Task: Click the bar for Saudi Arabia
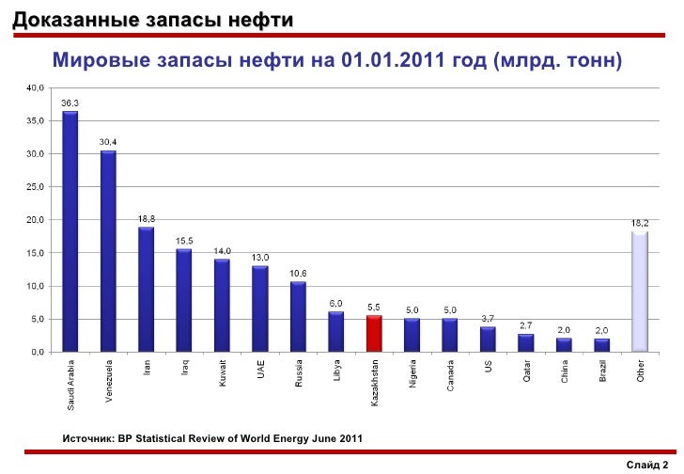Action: click(70, 231)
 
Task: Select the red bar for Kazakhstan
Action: click(374, 333)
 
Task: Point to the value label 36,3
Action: click(70, 103)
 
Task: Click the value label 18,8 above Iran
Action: click(147, 218)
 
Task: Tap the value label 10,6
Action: click(298, 273)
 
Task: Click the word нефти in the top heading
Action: click(260, 20)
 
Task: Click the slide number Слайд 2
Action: click(652, 464)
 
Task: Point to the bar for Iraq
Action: click(184, 300)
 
